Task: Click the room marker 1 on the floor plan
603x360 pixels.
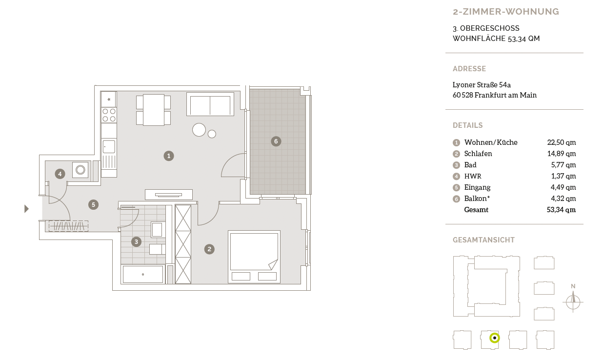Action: [x=169, y=156]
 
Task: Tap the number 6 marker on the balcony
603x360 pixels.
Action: [x=276, y=141]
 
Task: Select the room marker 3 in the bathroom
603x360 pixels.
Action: [x=136, y=242]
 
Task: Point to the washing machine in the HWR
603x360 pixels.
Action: [x=80, y=170]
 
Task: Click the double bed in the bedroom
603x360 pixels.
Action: [x=254, y=257]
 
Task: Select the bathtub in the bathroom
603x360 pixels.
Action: [x=143, y=274]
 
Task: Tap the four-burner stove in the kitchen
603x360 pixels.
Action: [x=109, y=115]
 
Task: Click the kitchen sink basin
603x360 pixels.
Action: [x=109, y=147]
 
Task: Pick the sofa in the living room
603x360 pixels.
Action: [x=210, y=104]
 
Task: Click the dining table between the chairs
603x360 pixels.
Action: [x=154, y=110]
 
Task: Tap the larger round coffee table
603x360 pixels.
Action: [x=199, y=130]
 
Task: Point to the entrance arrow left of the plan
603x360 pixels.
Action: [x=26, y=209]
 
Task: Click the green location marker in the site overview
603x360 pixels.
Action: [x=495, y=338]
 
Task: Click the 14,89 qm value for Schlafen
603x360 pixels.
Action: [x=562, y=154]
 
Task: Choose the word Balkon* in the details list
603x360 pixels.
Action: [x=477, y=199]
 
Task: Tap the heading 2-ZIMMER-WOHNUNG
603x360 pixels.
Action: [x=506, y=12]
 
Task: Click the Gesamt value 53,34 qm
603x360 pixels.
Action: [x=561, y=210]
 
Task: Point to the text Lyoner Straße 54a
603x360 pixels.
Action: [x=482, y=85]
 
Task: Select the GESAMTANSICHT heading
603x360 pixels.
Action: [x=484, y=240]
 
